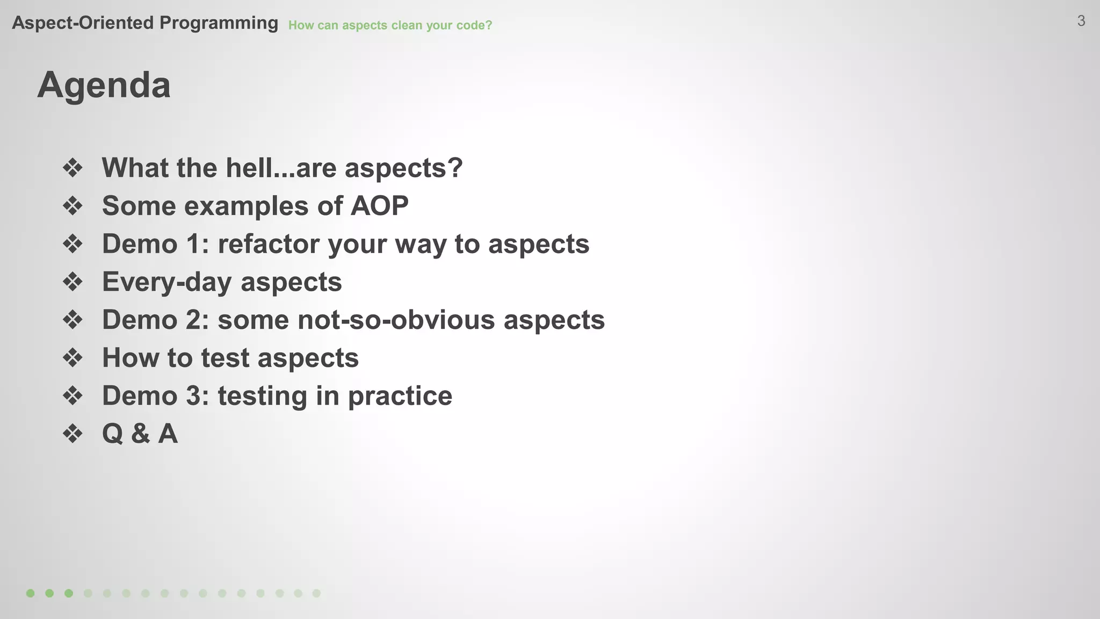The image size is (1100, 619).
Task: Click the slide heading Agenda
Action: click(x=104, y=85)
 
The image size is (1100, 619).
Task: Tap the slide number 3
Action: click(x=1081, y=21)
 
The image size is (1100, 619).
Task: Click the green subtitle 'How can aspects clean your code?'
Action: click(x=390, y=25)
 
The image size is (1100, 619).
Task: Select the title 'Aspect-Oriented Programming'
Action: click(x=145, y=23)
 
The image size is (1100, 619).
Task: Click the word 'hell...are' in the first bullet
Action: click(x=281, y=168)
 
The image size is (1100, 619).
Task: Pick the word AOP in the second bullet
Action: click(x=379, y=206)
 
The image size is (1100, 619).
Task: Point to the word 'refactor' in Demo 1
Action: click(x=269, y=244)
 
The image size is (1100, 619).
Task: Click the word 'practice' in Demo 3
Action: click(x=400, y=396)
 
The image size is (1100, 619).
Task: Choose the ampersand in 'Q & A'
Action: click(x=140, y=434)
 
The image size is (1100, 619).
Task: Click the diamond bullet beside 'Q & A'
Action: click(x=73, y=434)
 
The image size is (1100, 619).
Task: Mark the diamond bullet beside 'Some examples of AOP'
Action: click(x=73, y=206)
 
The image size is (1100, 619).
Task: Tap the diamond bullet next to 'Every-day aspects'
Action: click(x=73, y=282)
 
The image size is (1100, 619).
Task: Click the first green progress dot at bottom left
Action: click(x=31, y=593)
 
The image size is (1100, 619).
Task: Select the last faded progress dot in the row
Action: click(x=316, y=593)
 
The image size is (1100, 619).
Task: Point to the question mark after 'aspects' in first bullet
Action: click(x=455, y=168)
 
